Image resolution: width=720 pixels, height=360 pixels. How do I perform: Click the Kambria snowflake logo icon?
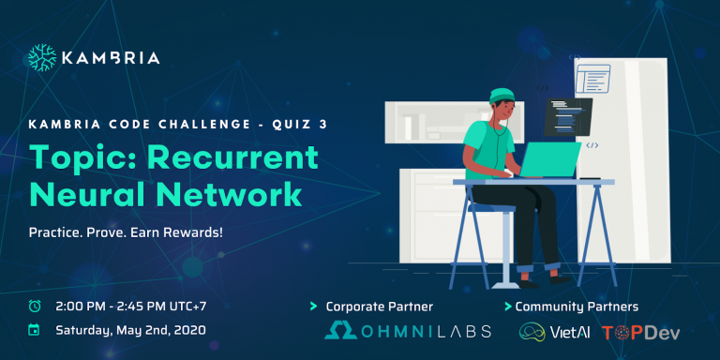[x=42, y=58]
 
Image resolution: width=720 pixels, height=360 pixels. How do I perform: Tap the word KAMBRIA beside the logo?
[x=111, y=58]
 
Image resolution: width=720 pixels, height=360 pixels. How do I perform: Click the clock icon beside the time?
[x=35, y=306]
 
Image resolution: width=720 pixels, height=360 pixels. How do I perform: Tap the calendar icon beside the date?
[x=35, y=330]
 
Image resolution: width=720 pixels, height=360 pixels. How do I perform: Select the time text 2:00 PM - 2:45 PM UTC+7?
[x=128, y=306]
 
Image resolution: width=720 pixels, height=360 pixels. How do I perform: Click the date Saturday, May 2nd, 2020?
[x=130, y=330]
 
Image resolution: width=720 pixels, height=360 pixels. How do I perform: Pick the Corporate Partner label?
[x=379, y=307]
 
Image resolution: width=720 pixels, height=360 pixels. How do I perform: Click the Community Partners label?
[x=577, y=307]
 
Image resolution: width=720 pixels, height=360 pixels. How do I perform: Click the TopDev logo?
[x=641, y=332]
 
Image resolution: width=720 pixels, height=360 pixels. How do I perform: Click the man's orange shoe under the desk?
[x=560, y=277]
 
